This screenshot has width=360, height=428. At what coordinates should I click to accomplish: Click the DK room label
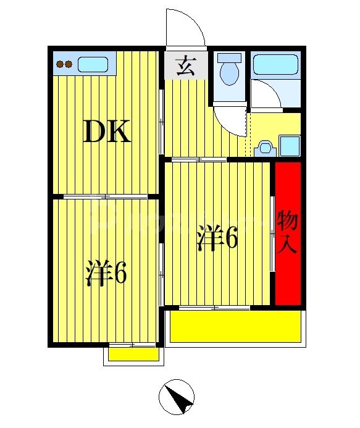coord(108,132)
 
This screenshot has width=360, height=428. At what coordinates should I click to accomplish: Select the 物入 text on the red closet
coord(288,232)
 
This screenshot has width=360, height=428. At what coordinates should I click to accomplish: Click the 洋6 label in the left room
coord(106,274)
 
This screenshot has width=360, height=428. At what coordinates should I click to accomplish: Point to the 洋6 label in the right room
coord(217,239)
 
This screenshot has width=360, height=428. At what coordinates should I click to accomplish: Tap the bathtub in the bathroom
coord(275,64)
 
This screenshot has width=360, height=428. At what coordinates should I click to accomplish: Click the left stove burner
coord(61,64)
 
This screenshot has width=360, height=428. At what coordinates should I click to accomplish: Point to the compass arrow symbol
coord(179,397)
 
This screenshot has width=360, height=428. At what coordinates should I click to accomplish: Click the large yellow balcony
coord(237,327)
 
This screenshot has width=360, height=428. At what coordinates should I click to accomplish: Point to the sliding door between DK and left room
coord(106,197)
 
